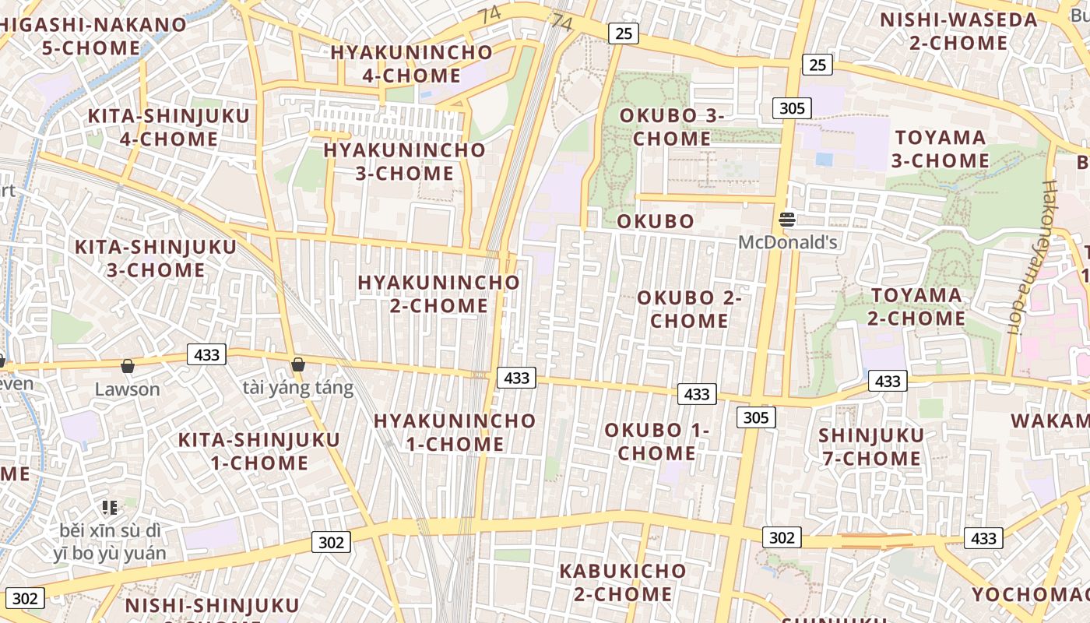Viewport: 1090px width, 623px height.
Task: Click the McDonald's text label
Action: point(787,242)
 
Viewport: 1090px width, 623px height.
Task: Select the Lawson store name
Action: point(127,389)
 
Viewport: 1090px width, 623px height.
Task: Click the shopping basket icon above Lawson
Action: point(127,365)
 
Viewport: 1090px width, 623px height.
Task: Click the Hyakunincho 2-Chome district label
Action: point(438,294)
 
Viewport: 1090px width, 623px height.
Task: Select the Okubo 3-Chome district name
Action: point(672,127)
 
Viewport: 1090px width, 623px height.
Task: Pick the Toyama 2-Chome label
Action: point(916,307)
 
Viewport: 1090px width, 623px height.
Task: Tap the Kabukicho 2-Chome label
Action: point(623,583)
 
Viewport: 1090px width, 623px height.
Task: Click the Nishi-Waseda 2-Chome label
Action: point(958,31)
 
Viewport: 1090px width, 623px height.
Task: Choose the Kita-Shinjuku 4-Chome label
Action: point(168,128)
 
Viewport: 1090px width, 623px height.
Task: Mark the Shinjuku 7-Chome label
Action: point(871,447)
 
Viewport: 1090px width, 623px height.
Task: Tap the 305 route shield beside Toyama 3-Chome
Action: point(792,108)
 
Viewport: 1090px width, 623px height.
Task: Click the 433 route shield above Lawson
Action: point(206,355)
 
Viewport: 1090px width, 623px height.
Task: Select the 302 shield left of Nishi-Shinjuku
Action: point(25,598)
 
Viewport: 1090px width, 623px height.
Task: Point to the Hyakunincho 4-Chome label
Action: point(411,64)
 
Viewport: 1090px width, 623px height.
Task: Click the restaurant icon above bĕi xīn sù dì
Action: point(110,508)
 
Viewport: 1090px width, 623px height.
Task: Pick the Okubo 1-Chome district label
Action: point(656,442)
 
